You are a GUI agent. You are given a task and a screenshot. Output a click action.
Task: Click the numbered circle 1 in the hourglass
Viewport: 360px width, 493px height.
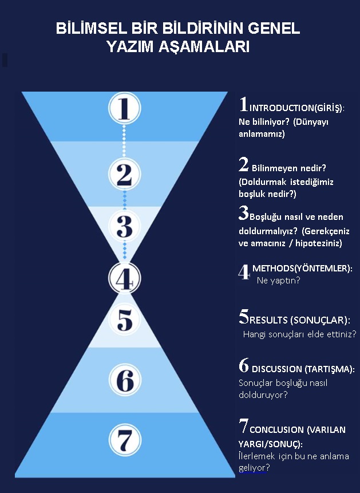(125, 108)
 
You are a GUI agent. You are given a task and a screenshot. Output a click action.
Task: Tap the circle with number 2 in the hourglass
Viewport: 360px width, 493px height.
(125, 174)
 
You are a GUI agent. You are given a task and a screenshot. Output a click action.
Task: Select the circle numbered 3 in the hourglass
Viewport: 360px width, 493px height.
(125, 226)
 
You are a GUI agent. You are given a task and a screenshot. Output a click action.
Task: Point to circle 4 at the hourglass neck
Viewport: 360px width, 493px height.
(125, 278)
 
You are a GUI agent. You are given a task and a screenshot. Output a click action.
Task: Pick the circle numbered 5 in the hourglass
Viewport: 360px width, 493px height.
(125, 320)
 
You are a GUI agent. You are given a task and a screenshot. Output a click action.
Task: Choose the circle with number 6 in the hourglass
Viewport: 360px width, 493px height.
(125, 380)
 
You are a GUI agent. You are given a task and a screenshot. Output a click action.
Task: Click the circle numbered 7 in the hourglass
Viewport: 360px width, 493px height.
(125, 440)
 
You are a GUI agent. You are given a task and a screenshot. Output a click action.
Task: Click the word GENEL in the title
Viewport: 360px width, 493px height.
(274, 29)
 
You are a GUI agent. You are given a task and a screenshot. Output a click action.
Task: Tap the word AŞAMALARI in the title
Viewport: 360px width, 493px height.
(204, 47)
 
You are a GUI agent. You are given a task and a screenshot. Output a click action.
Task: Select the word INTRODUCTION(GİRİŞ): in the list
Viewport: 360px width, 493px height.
(297, 108)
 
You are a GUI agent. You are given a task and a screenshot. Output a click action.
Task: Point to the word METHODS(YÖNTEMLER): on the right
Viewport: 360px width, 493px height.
(302, 269)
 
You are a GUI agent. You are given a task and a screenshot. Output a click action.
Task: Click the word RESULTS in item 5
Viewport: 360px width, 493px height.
(268, 320)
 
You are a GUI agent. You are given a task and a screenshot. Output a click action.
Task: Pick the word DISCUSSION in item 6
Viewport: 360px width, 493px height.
(276, 369)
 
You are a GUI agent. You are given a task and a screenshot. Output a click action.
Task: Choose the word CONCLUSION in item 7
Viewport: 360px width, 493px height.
(276, 430)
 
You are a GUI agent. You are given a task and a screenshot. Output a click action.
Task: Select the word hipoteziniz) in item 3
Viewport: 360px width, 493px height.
(318, 243)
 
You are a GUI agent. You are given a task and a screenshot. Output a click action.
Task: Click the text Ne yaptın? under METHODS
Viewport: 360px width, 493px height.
(279, 280)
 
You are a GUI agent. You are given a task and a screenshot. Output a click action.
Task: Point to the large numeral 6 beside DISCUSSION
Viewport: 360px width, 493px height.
(244, 365)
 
